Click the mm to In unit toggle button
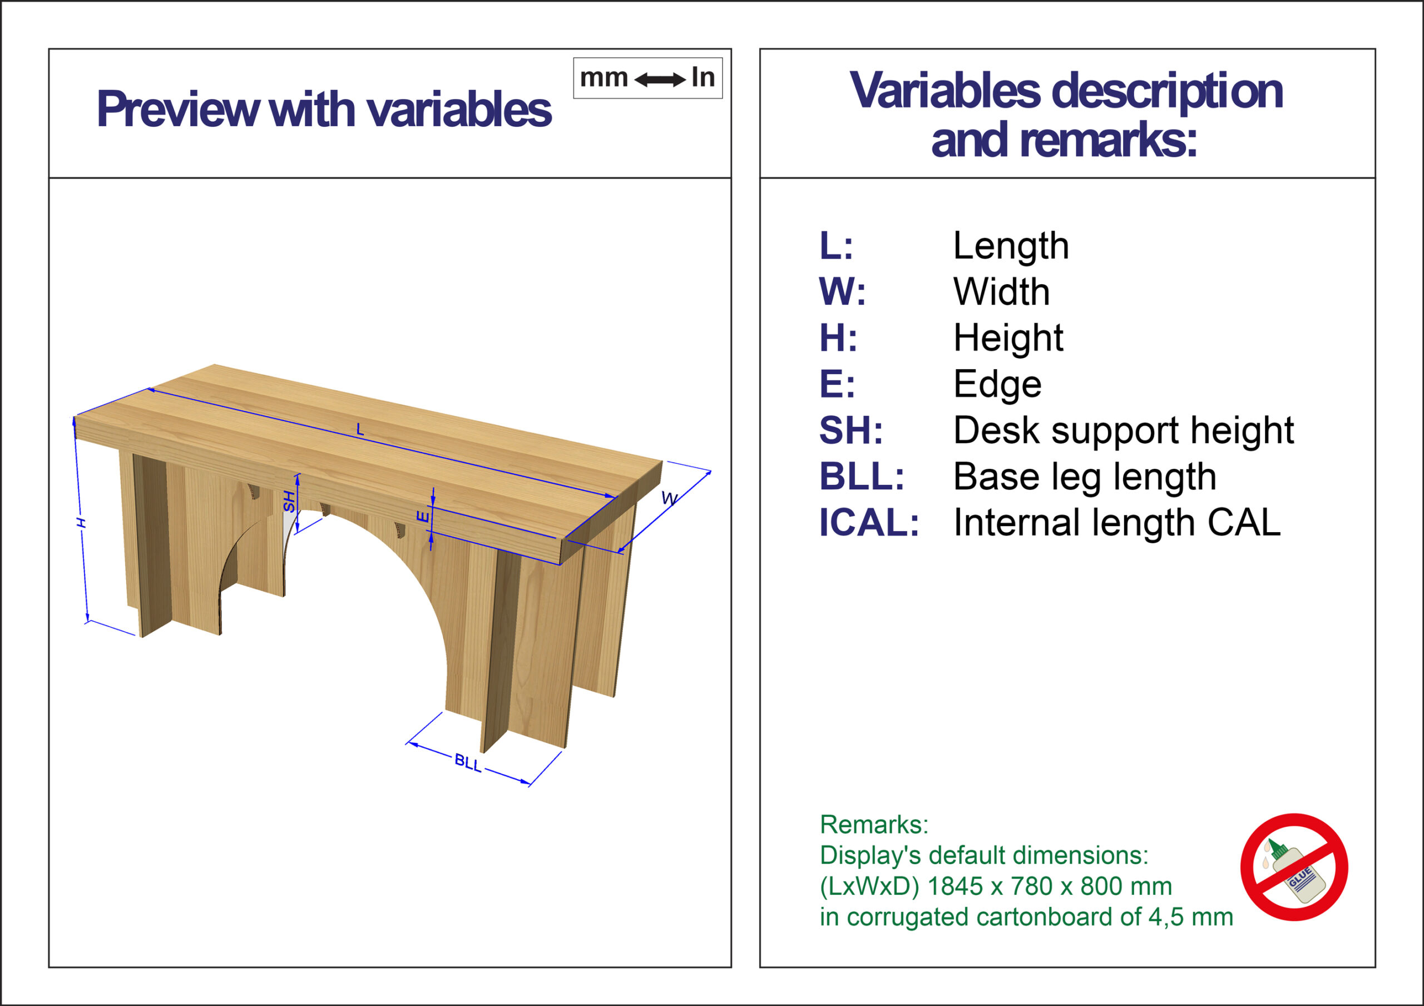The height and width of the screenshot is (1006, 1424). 647,78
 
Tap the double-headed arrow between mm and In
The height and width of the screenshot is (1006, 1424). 660,80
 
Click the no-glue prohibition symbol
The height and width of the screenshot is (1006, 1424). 1294,867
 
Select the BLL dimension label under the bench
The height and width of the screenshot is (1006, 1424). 468,763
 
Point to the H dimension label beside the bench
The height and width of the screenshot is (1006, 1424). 81,522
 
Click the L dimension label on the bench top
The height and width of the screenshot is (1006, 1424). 360,429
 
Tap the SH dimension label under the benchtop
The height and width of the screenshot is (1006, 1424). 289,500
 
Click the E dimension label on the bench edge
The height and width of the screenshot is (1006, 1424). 422,516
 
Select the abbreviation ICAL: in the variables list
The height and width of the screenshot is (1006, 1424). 869,522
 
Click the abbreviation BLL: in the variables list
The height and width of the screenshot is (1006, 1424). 862,477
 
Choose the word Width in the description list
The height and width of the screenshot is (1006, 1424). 1001,291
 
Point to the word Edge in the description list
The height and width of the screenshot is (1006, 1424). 997,384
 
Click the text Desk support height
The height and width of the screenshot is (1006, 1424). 1123,430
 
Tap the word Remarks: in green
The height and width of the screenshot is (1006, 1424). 874,825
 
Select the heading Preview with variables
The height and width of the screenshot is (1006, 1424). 324,109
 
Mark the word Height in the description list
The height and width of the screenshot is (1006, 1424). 1008,338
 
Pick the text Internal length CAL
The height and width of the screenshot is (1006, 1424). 1117,522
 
